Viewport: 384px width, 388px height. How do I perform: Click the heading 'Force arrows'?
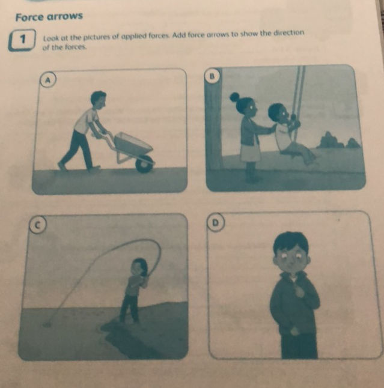[49, 16]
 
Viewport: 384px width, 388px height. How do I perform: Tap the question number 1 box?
[22, 41]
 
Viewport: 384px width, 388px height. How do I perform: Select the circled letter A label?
[45, 80]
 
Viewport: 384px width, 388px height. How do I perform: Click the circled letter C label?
[36, 224]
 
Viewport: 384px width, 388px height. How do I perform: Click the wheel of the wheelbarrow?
[144, 163]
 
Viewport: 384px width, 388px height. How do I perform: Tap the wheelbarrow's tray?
[133, 144]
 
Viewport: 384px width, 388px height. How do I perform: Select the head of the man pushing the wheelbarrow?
[97, 99]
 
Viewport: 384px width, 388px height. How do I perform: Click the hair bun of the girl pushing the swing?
[234, 97]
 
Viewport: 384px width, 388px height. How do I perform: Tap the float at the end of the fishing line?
[46, 325]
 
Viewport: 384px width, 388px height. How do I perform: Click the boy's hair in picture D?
[291, 241]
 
